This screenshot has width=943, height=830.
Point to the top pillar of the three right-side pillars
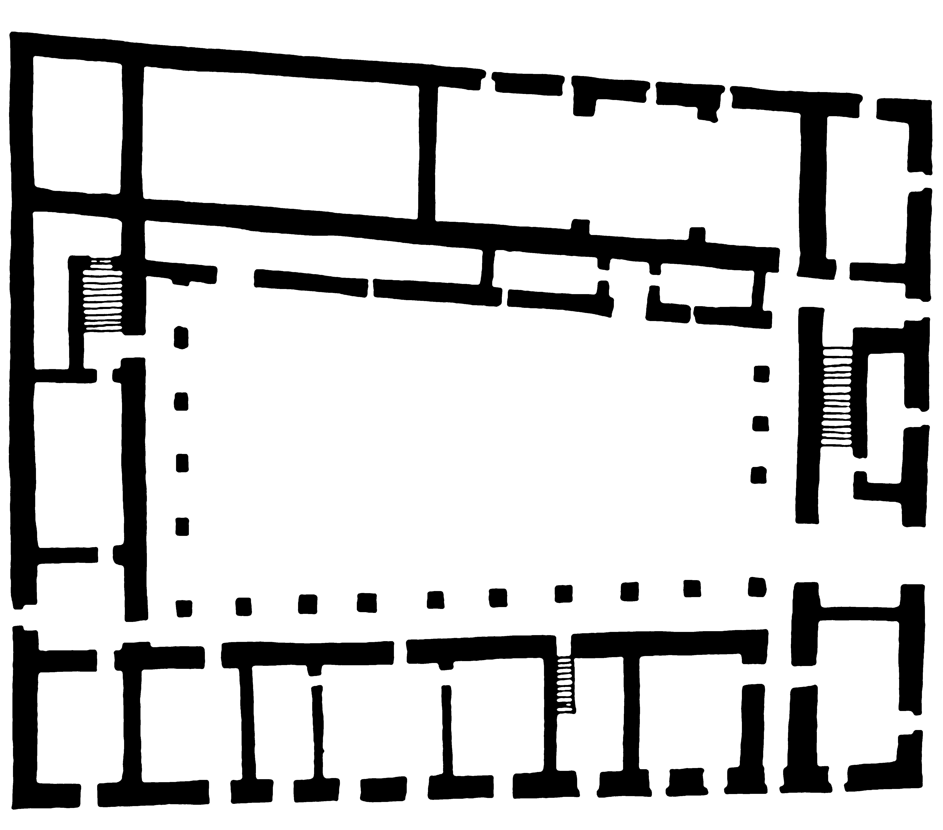click(761, 373)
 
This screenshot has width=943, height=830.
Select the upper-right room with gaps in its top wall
click(614, 171)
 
